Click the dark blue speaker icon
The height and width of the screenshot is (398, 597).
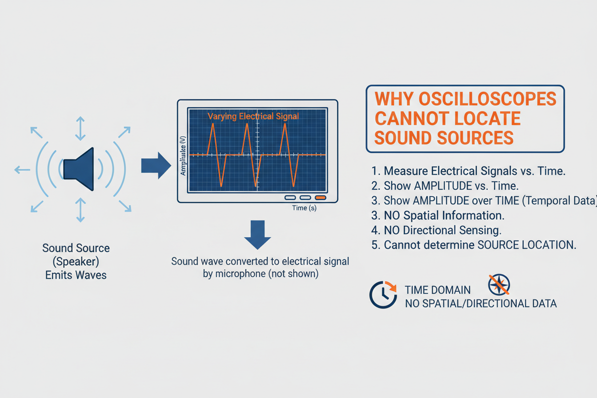point(80,169)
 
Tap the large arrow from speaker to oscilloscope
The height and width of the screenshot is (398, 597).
point(156,166)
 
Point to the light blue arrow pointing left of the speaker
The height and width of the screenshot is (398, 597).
point(22,169)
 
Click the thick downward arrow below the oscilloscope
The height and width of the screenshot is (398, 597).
point(257,234)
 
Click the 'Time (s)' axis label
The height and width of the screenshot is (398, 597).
point(304,208)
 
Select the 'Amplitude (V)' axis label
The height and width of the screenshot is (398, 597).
point(183,155)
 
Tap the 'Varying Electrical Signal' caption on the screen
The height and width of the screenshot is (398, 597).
point(253,116)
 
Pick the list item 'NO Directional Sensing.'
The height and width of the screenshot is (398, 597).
point(442,230)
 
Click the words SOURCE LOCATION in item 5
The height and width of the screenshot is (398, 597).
point(526,245)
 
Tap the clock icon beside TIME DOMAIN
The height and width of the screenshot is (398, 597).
point(383,295)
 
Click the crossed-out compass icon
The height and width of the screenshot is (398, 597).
point(498,285)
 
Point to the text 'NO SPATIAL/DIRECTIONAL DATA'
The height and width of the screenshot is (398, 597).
point(480,304)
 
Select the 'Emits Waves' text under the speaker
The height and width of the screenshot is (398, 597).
point(76,275)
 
